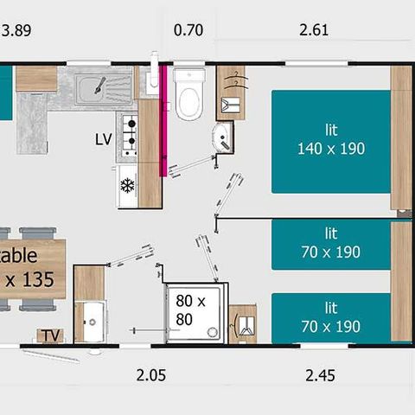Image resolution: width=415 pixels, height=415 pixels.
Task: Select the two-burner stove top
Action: tap(128, 134)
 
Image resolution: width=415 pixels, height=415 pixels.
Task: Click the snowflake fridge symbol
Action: tap(127, 185)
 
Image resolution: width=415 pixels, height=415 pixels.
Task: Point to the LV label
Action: tap(104, 138)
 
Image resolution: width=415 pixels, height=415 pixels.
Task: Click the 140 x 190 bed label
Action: tap(331, 139)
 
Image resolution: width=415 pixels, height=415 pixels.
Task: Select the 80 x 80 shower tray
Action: tap(196, 312)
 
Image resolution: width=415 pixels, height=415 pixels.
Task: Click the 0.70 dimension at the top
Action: tap(188, 31)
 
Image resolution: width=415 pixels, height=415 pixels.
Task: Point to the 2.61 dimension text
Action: tap(313, 31)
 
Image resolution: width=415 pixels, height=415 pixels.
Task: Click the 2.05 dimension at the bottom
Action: tap(150, 375)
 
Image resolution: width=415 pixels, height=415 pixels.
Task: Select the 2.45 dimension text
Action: tap(319, 375)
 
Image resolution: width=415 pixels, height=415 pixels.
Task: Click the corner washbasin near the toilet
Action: tap(223, 136)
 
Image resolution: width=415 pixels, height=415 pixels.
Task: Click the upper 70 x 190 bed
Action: tap(331, 243)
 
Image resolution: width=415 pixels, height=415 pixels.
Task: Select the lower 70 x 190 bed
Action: tap(331, 317)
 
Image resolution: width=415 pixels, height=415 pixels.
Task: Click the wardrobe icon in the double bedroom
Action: tap(231, 92)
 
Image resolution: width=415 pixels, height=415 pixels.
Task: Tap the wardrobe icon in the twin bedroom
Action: tap(242, 324)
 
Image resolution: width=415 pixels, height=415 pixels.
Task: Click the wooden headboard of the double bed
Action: tap(400, 138)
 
